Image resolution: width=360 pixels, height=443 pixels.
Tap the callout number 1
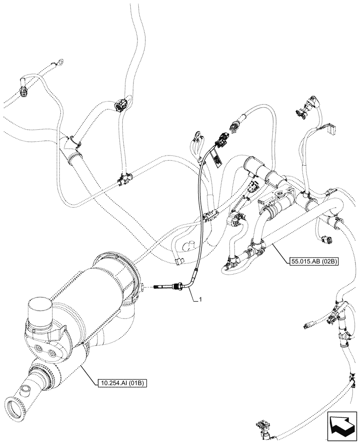tap(201, 300)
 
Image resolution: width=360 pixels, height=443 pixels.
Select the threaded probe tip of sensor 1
tap(160, 288)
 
